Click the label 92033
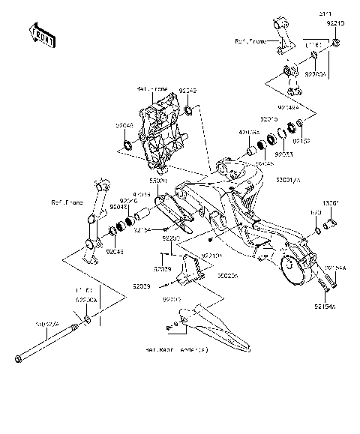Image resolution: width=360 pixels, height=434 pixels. pyautogui.click(x=283, y=154)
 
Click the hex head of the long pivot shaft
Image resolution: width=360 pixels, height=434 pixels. pyautogui.click(x=17, y=363)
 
